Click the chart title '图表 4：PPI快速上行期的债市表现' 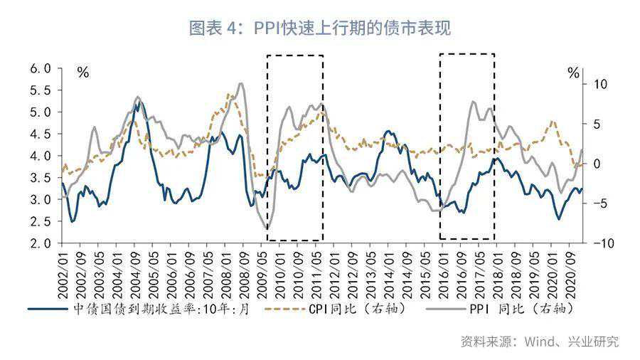(x=319, y=28)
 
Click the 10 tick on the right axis (x=600, y=84)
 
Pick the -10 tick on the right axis (x=604, y=243)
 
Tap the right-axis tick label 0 (x=597, y=164)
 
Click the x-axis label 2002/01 (x=63, y=275)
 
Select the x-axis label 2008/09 (x=244, y=275)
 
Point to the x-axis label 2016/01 (x=444, y=275)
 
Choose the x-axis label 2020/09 (x=570, y=275)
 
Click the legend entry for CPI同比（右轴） (x=336, y=309)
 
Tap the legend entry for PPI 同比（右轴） (x=500, y=309)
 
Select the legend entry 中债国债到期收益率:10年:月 (x=139, y=309)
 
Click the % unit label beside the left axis (x=83, y=73)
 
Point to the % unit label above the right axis (x=573, y=73)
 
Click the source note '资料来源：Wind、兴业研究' (x=540, y=342)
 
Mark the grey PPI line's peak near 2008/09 (x=241, y=84)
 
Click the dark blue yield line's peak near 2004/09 (x=139, y=102)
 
